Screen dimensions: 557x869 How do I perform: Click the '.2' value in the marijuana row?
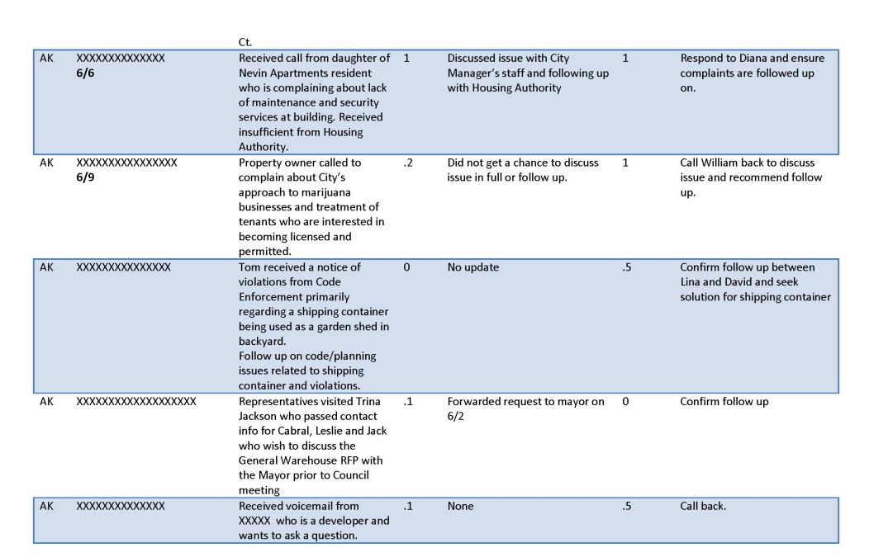[x=408, y=163]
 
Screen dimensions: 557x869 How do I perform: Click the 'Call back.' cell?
[x=703, y=506]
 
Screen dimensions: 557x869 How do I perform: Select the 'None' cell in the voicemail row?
[x=461, y=506]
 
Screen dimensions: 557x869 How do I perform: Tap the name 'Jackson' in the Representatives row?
[x=259, y=416]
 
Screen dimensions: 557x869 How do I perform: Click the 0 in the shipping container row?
[x=407, y=267]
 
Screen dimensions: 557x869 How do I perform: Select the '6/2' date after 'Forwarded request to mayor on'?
[x=455, y=416]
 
